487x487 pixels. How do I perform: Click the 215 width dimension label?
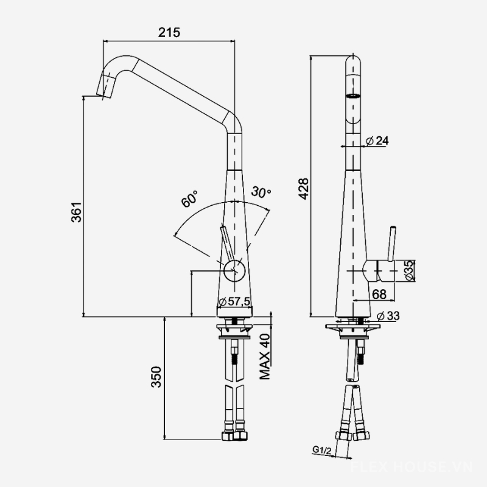click(169, 32)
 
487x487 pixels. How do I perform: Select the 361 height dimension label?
click(77, 212)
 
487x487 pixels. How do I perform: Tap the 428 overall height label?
click(303, 189)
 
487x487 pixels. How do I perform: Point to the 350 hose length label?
click(156, 377)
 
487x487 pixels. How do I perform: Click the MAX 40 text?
click(265, 357)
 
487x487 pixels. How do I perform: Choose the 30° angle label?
click(261, 192)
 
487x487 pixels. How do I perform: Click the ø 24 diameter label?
click(377, 141)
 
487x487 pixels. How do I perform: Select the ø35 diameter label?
click(410, 270)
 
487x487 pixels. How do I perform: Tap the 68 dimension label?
click(379, 294)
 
